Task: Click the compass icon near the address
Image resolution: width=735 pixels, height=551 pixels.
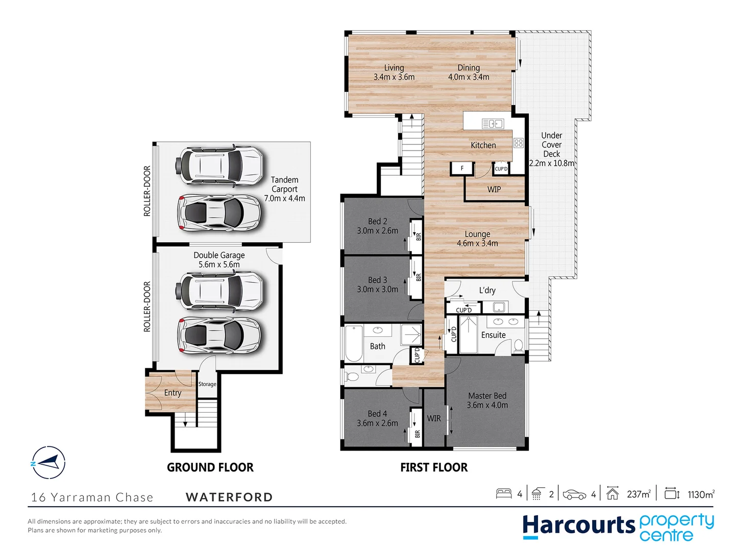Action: [x=48, y=462]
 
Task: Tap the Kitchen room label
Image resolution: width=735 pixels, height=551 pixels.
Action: [x=483, y=145]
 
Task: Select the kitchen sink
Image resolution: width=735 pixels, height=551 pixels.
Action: [x=493, y=123]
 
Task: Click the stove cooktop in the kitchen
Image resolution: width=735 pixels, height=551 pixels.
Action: [x=519, y=143]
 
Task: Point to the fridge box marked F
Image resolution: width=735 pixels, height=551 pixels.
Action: [x=462, y=168]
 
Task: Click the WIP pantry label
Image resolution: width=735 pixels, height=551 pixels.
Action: [x=494, y=189]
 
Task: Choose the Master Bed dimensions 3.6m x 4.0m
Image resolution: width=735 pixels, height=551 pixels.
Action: [x=487, y=405]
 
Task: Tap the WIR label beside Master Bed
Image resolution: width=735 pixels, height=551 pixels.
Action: [x=434, y=418]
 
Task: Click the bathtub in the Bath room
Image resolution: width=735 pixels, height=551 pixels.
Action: [x=354, y=343]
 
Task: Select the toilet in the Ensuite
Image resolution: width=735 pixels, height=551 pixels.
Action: [x=518, y=345]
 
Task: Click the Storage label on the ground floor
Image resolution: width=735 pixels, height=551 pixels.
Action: [x=207, y=384]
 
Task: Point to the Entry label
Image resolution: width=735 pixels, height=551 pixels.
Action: [x=173, y=393]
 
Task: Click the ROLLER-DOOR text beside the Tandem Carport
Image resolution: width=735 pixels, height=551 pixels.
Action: [x=147, y=191]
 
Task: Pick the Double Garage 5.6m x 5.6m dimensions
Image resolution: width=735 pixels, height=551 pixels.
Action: [x=219, y=264]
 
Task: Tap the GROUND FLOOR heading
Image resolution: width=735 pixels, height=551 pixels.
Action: [x=210, y=467]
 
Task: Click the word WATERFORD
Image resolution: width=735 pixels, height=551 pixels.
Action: [x=229, y=497]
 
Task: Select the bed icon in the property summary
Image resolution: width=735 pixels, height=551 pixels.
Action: [x=504, y=493]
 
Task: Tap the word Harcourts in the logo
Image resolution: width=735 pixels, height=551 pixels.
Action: [x=578, y=525]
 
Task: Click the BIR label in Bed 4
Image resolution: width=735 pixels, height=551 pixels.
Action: [x=417, y=434]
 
